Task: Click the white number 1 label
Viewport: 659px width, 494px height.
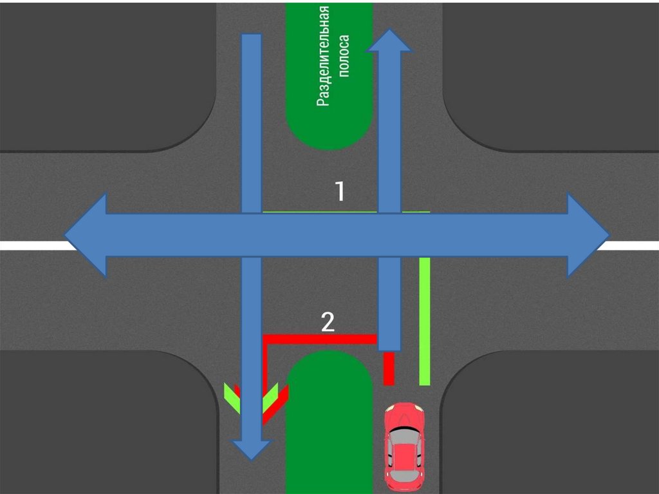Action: pyautogui.click(x=340, y=191)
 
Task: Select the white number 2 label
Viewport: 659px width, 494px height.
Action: pyautogui.click(x=328, y=322)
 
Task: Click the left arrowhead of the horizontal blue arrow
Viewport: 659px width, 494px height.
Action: pyautogui.click(x=87, y=235)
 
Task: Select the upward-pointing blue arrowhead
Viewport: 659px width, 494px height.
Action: pyautogui.click(x=389, y=41)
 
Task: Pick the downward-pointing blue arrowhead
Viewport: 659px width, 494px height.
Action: pyautogui.click(x=250, y=448)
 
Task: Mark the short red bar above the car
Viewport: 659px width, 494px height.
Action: pyautogui.click(x=388, y=368)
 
